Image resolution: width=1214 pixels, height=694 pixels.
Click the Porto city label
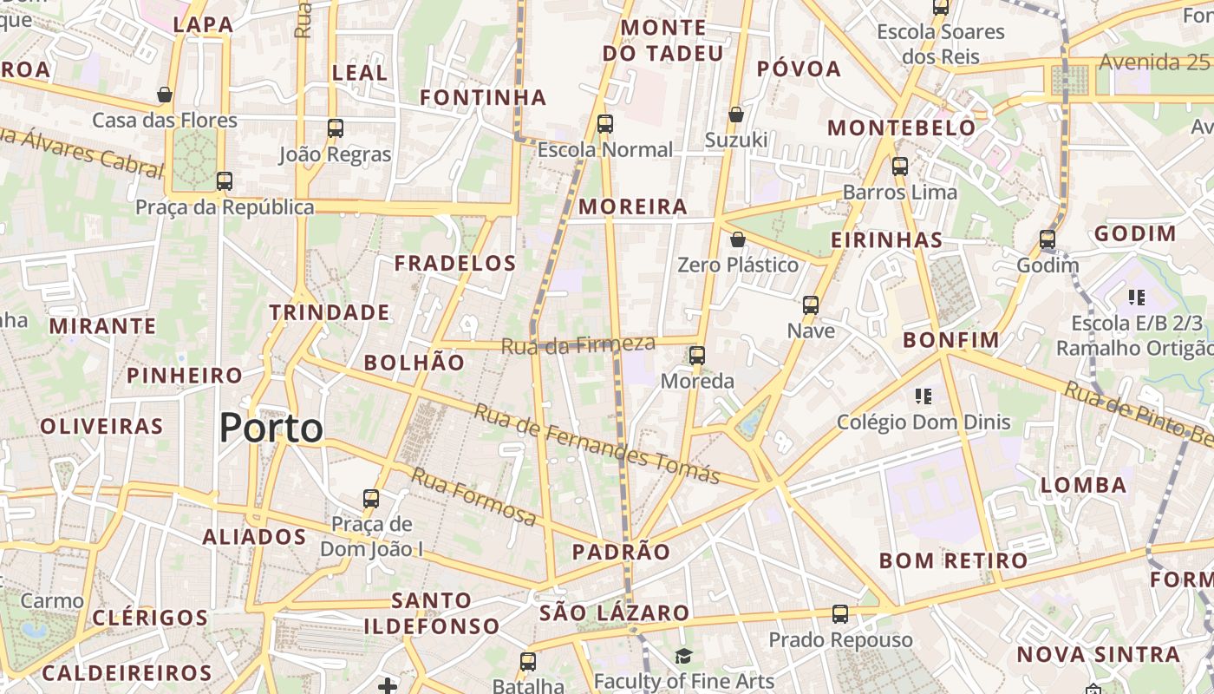pyautogui.click(x=271, y=428)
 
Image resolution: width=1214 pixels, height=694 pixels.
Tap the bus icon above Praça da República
pyautogui.click(x=225, y=181)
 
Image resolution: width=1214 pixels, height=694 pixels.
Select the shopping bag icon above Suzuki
pyautogui.click(x=736, y=115)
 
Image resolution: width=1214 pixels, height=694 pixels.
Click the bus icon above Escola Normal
pyautogui.click(x=605, y=124)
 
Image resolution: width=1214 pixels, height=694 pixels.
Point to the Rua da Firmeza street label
pyautogui.click(x=578, y=344)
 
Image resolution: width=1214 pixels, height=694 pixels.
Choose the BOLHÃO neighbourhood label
pyautogui.click(x=414, y=363)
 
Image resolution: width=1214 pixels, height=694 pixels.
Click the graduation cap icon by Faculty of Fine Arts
pyautogui.click(x=684, y=656)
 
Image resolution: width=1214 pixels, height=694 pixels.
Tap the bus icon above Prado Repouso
pyautogui.click(x=840, y=614)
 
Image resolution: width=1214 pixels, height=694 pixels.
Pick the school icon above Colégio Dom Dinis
pyautogui.click(x=924, y=396)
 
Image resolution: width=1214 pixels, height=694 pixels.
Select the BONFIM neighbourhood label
pyautogui.click(x=951, y=340)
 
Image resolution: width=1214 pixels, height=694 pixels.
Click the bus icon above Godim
pyautogui.click(x=1048, y=239)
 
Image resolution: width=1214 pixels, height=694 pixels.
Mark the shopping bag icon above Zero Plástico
pyautogui.click(x=738, y=239)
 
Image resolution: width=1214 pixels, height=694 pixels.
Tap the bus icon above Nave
pyautogui.click(x=811, y=305)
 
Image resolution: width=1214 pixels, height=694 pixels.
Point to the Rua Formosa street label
pyautogui.click(x=473, y=497)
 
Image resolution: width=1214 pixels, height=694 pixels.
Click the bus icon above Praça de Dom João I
pyautogui.click(x=371, y=499)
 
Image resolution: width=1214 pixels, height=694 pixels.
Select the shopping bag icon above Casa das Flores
pyautogui.click(x=165, y=95)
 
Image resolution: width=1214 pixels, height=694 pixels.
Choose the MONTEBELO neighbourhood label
pyautogui.click(x=902, y=128)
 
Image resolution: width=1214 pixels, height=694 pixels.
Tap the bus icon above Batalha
pyautogui.click(x=528, y=662)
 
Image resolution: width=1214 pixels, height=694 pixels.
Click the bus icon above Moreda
pyautogui.click(x=697, y=356)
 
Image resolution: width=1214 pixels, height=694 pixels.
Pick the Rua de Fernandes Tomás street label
pyautogui.click(x=597, y=443)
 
